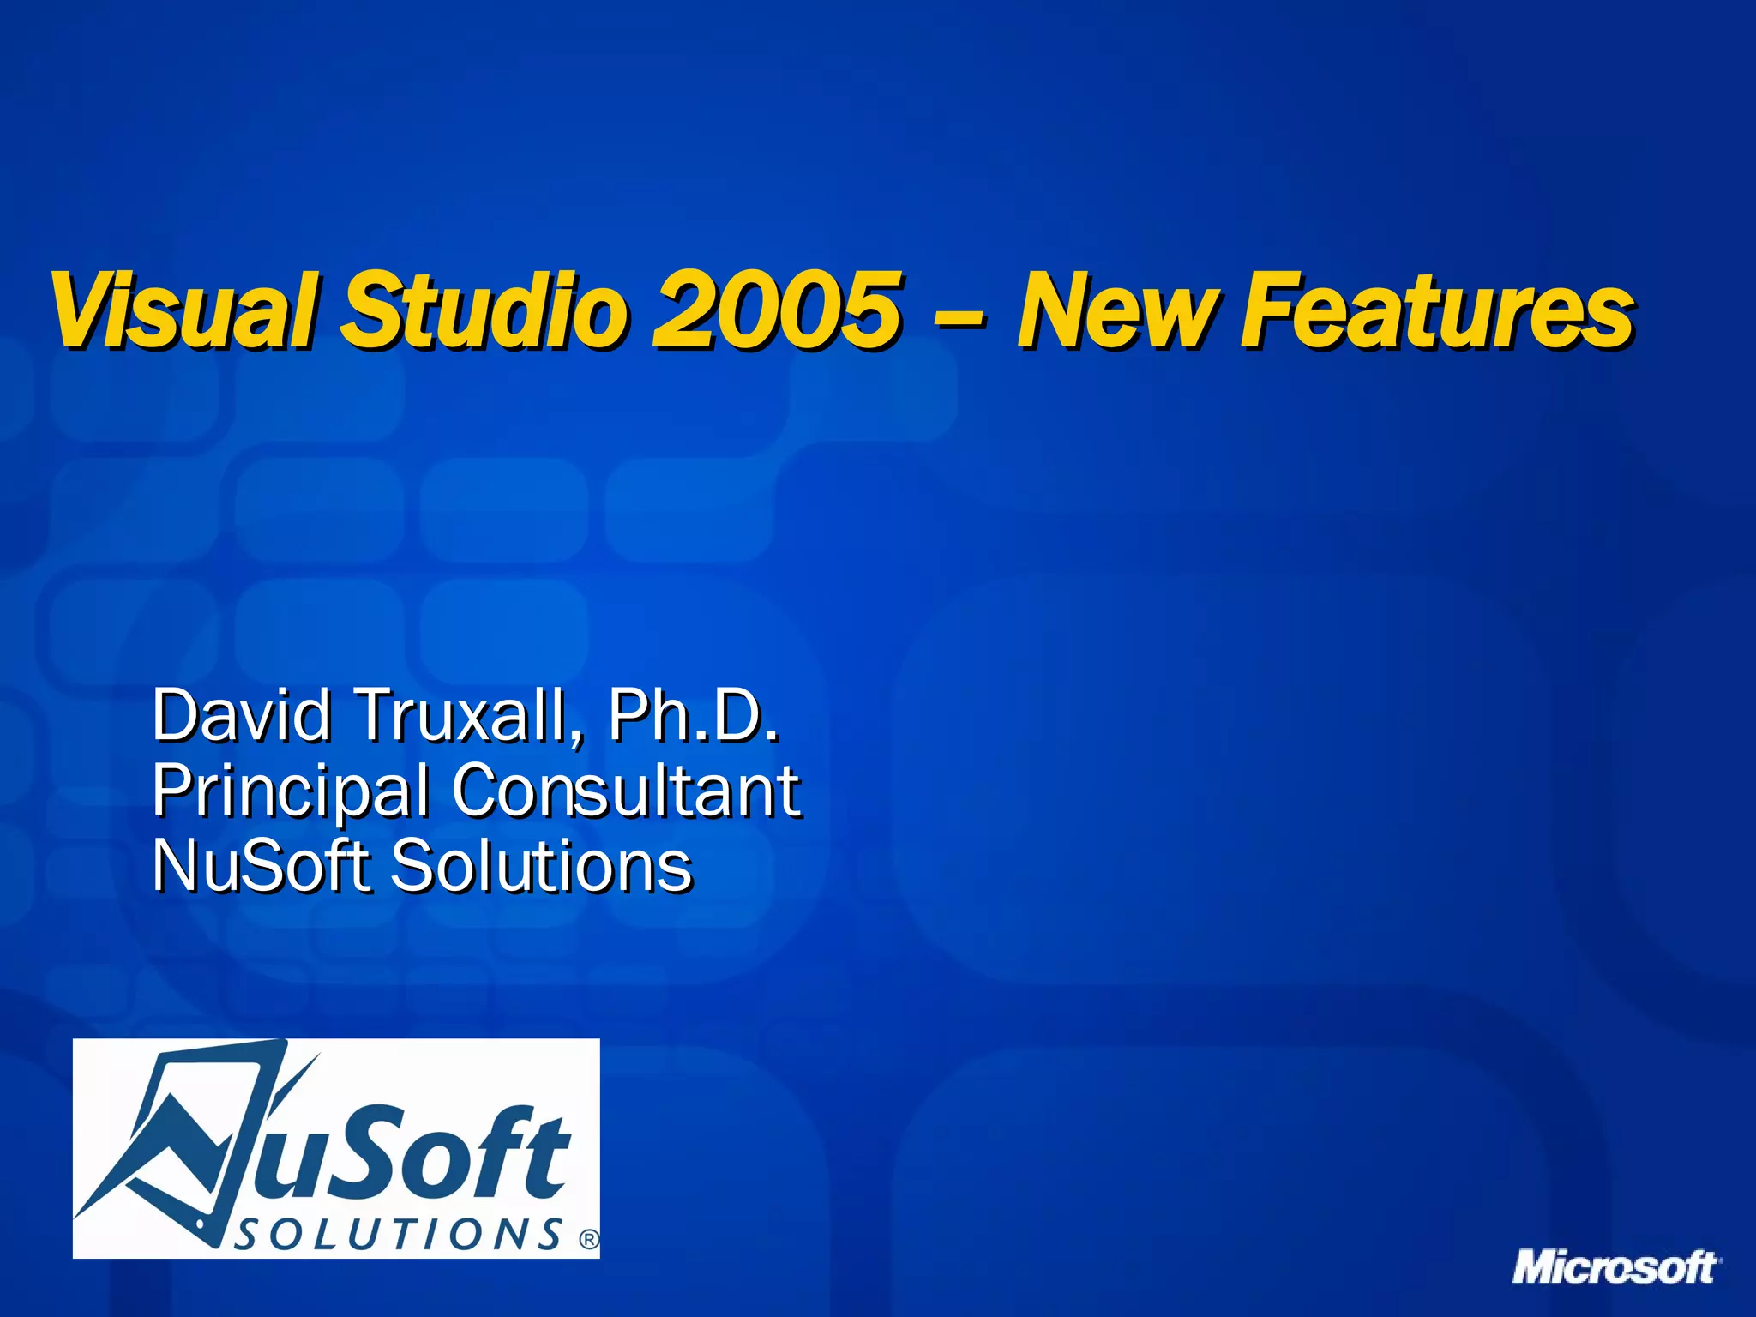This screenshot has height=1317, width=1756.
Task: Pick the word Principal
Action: point(291,791)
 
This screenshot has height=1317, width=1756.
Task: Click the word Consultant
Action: point(626,791)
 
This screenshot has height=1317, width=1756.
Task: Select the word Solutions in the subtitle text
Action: point(541,866)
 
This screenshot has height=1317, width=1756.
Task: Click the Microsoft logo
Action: point(1616,1267)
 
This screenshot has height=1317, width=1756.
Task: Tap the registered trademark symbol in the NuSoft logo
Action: point(589,1239)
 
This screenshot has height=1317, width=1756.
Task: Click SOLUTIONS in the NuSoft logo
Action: point(398,1235)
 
